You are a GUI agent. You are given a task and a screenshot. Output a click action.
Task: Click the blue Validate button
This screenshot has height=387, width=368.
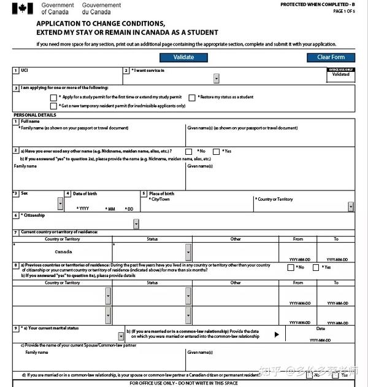(183, 57)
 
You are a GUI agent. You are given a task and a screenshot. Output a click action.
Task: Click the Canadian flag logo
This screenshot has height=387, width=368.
(23, 9)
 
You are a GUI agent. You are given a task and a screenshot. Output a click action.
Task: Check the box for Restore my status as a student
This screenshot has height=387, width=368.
(193, 97)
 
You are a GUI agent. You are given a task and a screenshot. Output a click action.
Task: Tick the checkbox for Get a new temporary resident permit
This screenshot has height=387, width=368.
(53, 106)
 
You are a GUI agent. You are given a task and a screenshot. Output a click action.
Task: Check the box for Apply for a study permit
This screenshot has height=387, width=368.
(53, 97)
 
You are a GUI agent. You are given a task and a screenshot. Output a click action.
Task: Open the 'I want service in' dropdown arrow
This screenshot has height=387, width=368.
(216, 79)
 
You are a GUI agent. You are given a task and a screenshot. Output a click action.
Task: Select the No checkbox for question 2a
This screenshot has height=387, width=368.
(189, 151)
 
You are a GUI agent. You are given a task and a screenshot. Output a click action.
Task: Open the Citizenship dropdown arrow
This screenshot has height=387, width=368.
(136, 224)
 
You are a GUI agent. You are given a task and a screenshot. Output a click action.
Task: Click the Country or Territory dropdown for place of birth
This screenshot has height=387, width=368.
(350, 206)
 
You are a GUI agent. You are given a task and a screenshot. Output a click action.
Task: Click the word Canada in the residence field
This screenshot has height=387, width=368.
(63, 252)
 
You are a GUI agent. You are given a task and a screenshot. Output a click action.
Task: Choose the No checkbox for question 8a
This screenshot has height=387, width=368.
(291, 267)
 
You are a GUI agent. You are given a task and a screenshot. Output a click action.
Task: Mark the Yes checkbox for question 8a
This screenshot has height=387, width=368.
(316, 267)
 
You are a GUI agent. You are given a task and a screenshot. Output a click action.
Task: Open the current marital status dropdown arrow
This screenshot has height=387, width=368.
(121, 335)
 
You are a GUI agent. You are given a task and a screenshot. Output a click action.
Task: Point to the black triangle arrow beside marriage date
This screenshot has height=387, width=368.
(277, 334)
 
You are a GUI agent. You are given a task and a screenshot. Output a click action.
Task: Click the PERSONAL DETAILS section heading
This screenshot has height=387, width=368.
(34, 115)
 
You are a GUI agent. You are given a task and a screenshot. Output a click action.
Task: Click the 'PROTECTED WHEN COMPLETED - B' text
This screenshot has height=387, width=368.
(317, 5)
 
